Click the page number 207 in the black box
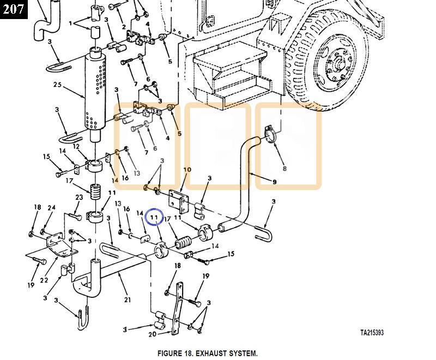tap(13, 9)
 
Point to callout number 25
tap(58, 84)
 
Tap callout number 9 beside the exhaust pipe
tap(274, 182)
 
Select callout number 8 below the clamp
tap(284, 169)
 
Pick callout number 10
tap(187, 170)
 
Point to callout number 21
tap(128, 300)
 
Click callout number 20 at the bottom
tap(152, 334)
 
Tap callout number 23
tap(79, 198)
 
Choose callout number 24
tap(52, 208)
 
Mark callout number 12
tap(76, 147)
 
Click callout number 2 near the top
tap(124, 27)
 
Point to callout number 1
tap(71, 24)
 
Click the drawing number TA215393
tap(375, 332)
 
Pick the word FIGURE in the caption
tap(170, 353)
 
